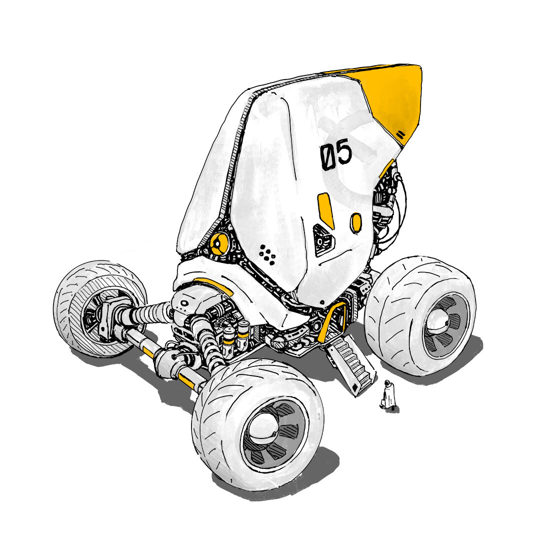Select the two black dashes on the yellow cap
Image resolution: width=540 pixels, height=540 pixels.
tap(400, 134)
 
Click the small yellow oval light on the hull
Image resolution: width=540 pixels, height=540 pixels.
tap(356, 222)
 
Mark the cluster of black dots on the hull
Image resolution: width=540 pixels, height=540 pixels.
tap(268, 253)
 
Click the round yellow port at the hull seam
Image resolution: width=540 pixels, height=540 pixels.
tap(218, 244)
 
